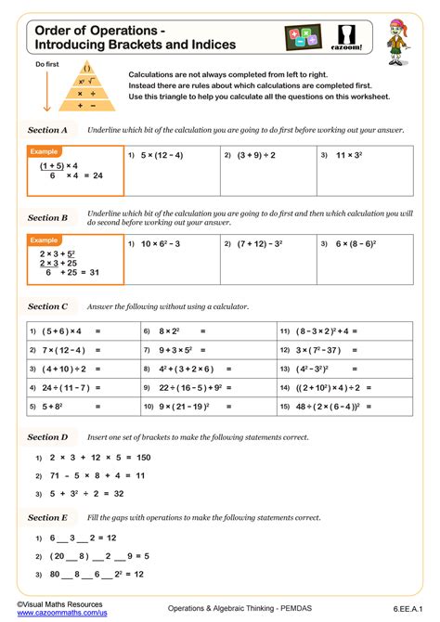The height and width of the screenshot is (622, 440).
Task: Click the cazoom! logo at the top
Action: pos(344,38)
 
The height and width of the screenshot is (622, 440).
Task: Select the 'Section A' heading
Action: pos(48,130)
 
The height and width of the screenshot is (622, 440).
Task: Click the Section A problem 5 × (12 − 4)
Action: pos(162,155)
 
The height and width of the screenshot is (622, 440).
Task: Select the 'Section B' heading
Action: pos(48,217)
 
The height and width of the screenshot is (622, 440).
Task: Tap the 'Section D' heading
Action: pos(48,436)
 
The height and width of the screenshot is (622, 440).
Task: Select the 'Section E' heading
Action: pos(48,517)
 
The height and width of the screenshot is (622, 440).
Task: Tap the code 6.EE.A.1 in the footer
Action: pos(409,608)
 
